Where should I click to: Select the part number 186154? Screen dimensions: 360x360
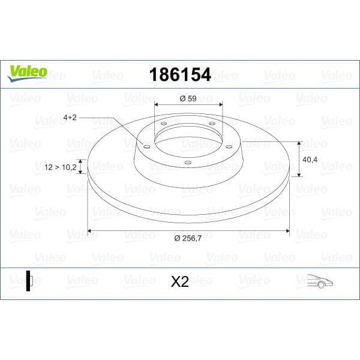(175, 74)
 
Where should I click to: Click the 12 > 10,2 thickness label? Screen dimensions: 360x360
(61, 167)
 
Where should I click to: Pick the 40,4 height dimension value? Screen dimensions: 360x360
(310, 160)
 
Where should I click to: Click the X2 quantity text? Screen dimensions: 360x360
(180, 281)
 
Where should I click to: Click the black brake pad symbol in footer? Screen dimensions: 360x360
(29, 281)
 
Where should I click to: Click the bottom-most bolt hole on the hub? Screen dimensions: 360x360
(187, 162)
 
